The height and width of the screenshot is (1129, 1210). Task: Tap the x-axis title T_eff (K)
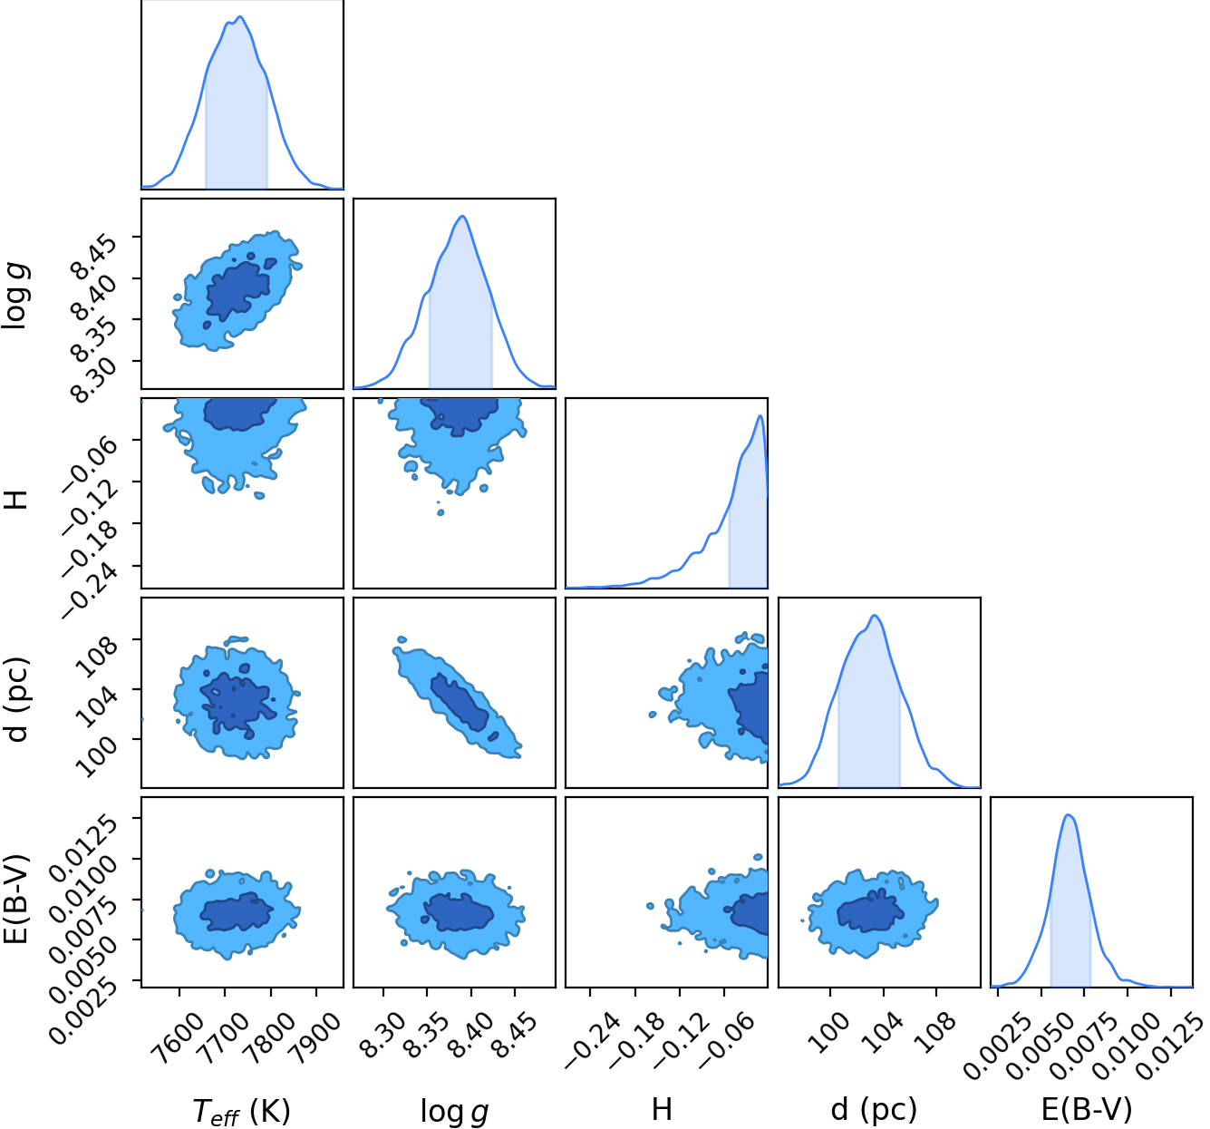point(241,1111)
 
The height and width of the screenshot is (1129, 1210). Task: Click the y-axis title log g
point(15,296)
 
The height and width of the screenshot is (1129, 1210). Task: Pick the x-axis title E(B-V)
point(1087,1109)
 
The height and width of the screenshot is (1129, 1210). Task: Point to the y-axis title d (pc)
point(17,700)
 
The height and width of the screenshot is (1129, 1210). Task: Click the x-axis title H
point(662,1110)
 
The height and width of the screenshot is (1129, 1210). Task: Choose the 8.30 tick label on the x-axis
point(382,1035)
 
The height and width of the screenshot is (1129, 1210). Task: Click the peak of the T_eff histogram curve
point(240,16)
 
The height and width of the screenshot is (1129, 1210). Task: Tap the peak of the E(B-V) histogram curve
point(1068,814)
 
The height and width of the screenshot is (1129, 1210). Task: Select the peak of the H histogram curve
point(760,415)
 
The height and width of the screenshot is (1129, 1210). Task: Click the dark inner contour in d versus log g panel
point(459,702)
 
